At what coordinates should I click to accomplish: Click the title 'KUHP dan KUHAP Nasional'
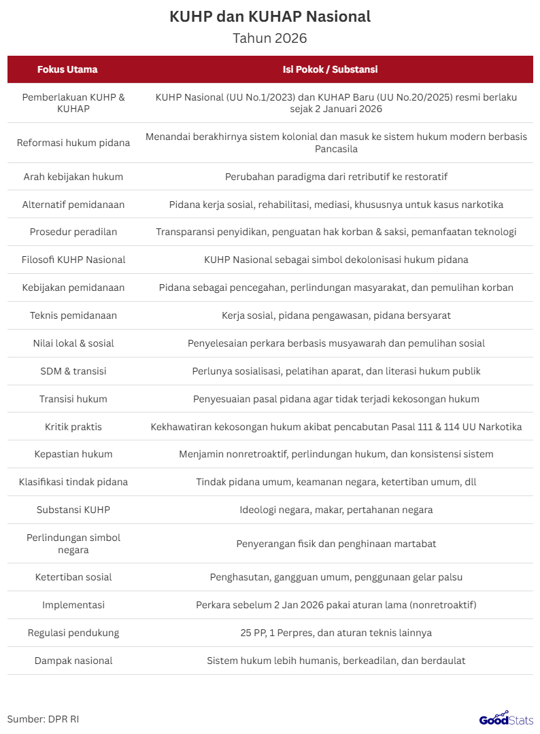click(x=270, y=17)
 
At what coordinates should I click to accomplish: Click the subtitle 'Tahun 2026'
click(x=270, y=38)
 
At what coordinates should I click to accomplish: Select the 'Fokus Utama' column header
click(x=67, y=69)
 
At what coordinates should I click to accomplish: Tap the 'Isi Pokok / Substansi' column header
click(x=331, y=69)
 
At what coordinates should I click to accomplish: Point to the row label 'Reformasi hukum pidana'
click(x=73, y=143)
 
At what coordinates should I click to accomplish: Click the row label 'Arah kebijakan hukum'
click(x=73, y=177)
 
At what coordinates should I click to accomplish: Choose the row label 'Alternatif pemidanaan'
click(x=73, y=205)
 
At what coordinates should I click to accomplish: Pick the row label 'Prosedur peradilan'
click(x=73, y=232)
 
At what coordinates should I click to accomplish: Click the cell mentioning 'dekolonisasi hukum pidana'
click(x=336, y=260)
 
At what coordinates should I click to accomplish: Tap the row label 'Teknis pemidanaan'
click(x=73, y=315)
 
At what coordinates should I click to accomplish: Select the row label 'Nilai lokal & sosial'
click(x=73, y=343)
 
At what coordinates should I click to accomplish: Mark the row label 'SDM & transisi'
click(x=73, y=371)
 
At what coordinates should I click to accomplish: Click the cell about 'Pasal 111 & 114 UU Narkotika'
click(x=336, y=427)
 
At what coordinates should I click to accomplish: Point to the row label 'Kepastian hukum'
click(x=73, y=454)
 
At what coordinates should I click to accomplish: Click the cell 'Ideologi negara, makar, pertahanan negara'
click(x=336, y=510)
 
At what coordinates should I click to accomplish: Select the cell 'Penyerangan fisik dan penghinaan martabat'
click(x=336, y=544)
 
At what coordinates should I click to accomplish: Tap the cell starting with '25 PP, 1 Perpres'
click(x=336, y=633)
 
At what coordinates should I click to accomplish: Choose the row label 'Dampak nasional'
click(x=73, y=661)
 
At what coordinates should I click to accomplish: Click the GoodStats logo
click(x=505, y=718)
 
